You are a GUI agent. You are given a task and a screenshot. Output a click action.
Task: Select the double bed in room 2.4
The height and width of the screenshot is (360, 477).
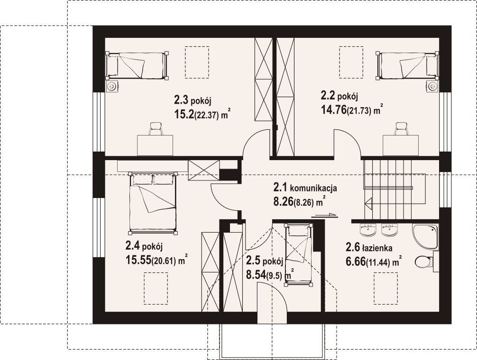(x=153, y=203)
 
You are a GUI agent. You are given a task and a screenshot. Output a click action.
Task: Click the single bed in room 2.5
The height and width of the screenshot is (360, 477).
(x=298, y=255)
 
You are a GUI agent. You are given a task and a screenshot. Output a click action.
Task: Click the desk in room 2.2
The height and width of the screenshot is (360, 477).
(x=401, y=145)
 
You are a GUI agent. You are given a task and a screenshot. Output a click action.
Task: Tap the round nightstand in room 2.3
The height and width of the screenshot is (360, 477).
(x=112, y=86)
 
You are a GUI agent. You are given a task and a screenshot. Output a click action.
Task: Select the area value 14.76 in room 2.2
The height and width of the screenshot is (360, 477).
(x=334, y=109)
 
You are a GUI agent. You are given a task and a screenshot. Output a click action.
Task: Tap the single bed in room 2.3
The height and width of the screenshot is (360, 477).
(x=137, y=66)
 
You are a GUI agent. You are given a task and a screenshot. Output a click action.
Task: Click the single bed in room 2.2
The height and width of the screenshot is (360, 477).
(x=408, y=66)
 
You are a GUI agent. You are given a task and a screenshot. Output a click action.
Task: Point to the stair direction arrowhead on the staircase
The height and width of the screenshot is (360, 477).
(x=369, y=203)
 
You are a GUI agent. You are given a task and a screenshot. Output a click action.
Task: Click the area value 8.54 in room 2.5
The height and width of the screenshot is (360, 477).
(x=256, y=275)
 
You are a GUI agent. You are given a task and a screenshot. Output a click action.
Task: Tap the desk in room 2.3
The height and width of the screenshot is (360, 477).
(x=155, y=145)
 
